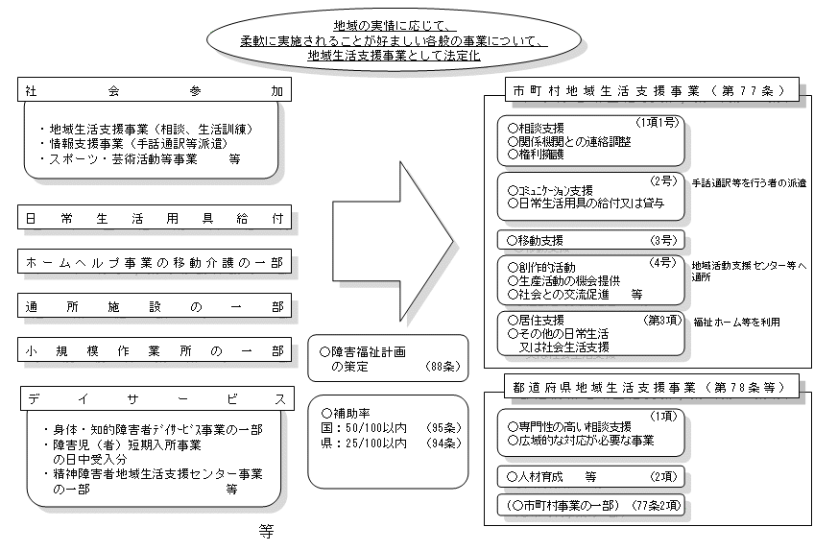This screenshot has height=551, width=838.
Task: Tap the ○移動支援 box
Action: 589,239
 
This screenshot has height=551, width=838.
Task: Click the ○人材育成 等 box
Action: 589,475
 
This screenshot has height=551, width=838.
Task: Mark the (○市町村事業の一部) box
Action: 589,504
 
